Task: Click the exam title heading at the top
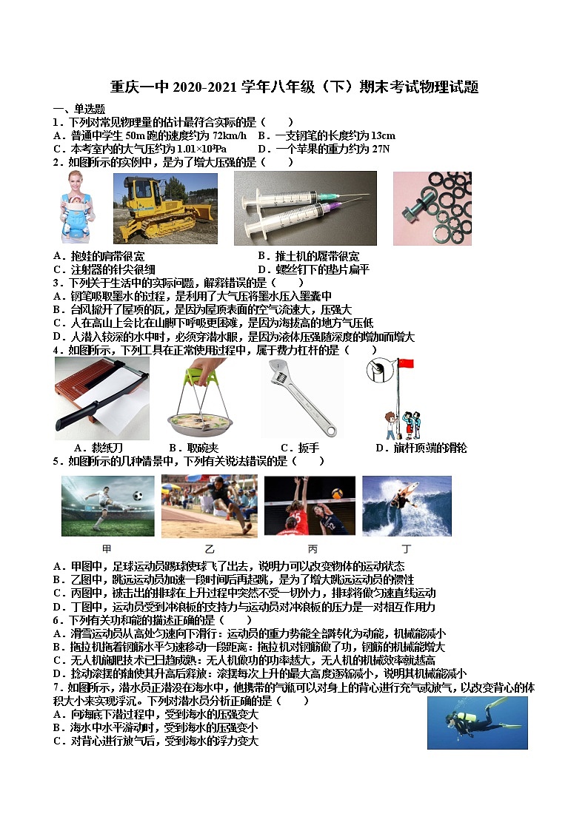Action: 294,87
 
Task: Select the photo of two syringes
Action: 305,209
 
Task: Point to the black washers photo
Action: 432,209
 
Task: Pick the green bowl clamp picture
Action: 199,400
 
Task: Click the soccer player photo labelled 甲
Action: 108,506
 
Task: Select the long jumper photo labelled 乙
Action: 209,506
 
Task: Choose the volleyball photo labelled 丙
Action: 310,506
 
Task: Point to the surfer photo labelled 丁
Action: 407,506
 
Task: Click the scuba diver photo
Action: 477,722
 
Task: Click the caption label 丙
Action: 313,549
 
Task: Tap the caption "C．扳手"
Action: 299,448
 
